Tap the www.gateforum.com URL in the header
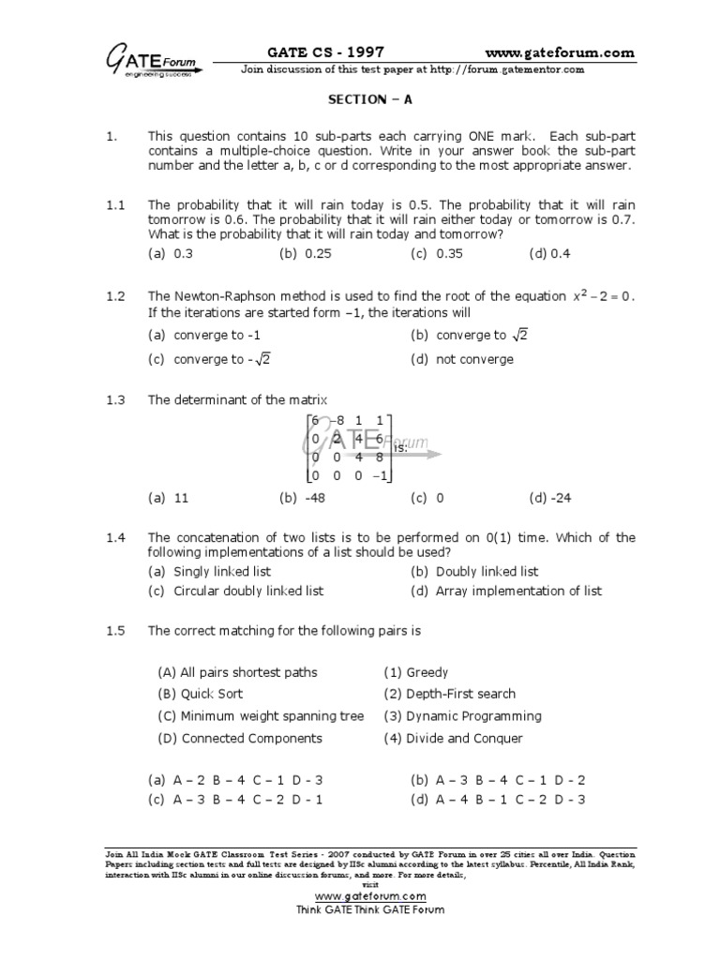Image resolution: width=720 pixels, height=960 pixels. tap(561, 52)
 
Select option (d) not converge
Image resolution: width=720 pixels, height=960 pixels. tap(462, 358)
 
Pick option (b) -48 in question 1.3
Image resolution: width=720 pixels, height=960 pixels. tap(301, 498)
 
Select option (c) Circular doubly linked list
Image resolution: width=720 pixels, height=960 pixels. tap(236, 591)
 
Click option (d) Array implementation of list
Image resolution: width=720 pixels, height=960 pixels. tap(506, 591)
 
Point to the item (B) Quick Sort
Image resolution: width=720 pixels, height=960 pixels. tap(200, 694)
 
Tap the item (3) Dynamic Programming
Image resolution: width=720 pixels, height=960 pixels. tap(462, 716)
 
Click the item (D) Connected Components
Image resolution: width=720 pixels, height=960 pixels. tap(239, 738)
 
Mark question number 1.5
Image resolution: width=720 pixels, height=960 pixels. tap(115, 631)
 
